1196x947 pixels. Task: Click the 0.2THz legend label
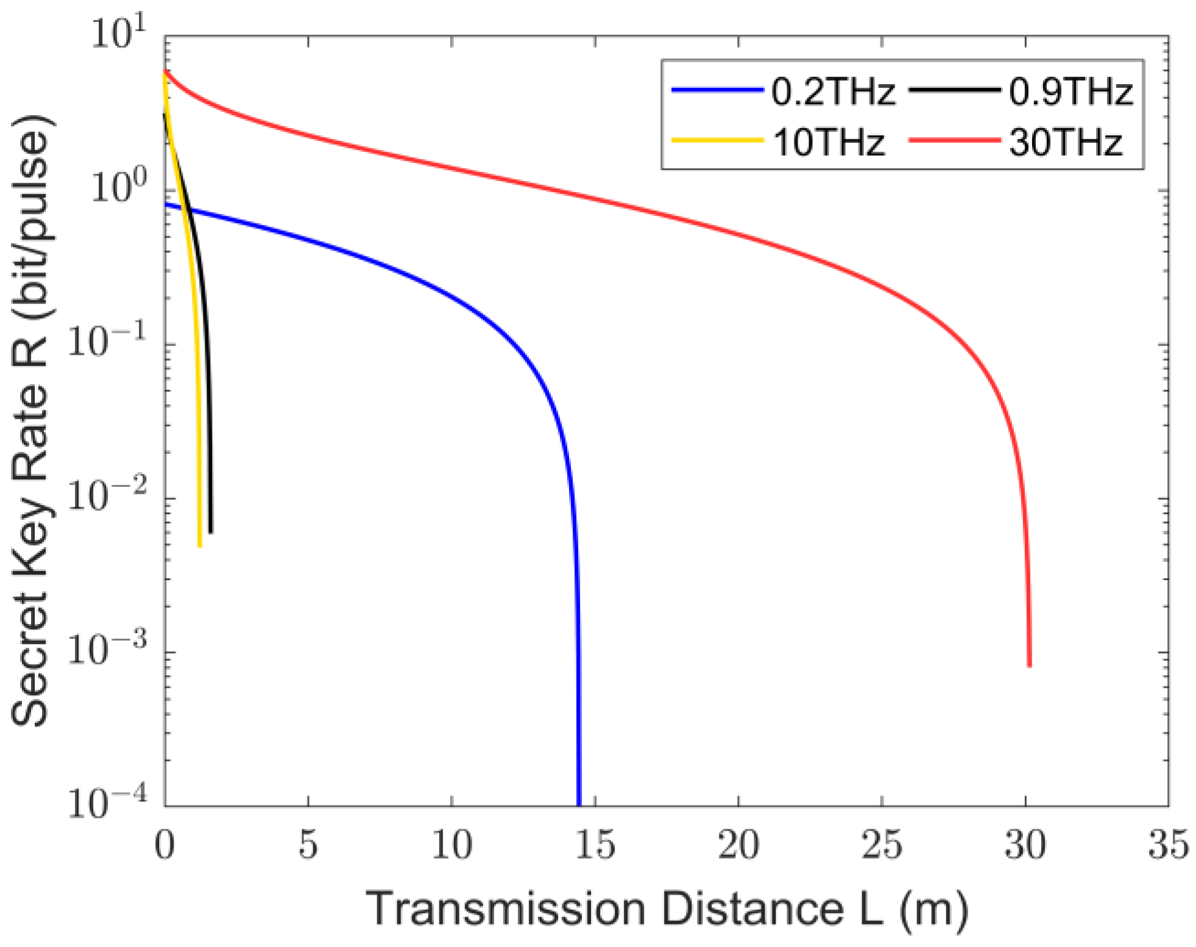point(833,93)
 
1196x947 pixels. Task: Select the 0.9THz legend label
point(1070,93)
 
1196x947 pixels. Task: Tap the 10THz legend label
point(829,143)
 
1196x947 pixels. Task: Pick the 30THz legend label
point(1066,143)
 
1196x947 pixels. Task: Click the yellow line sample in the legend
point(717,141)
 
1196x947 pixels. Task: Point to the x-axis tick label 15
point(594,845)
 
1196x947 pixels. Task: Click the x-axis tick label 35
point(1168,845)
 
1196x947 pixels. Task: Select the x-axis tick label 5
point(308,845)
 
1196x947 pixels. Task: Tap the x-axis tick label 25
point(881,845)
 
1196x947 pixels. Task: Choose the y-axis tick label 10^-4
point(107,803)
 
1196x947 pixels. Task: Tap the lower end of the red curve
point(1029,666)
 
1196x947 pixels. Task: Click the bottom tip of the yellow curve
point(200,545)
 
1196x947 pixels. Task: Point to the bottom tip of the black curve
point(211,532)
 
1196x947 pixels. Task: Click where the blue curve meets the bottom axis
point(579,804)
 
